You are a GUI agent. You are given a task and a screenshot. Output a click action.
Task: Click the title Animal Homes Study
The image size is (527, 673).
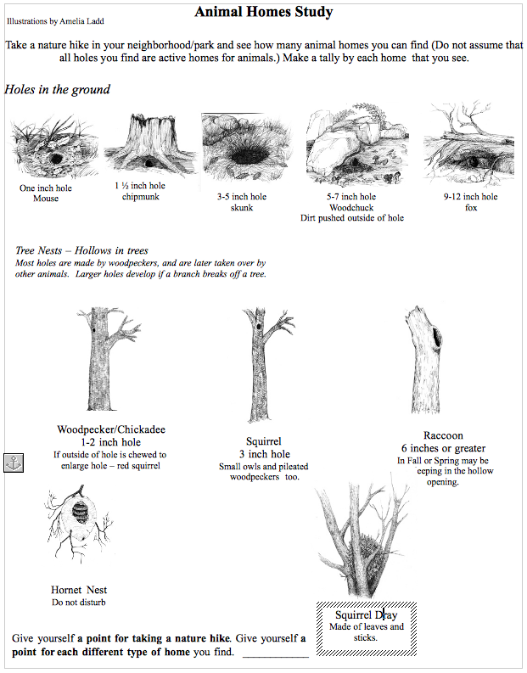263,12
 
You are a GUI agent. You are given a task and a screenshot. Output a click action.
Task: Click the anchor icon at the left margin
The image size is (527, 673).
14,463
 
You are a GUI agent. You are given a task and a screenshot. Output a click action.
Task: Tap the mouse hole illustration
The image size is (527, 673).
52,149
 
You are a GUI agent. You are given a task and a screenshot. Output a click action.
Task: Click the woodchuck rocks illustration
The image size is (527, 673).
350,148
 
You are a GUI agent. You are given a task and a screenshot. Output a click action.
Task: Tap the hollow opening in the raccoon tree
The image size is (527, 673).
438,339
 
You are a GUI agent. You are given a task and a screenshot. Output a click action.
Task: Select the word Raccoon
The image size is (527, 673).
443,435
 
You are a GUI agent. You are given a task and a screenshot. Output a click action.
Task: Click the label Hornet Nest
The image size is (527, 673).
79,590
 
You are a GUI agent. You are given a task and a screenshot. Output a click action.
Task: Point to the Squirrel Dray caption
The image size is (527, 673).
366,615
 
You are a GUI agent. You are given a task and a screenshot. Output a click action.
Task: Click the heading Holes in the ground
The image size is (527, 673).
57,89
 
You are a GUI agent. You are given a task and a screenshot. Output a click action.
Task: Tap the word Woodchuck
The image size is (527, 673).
351,207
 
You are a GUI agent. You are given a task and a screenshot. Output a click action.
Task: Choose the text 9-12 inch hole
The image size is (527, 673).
470,197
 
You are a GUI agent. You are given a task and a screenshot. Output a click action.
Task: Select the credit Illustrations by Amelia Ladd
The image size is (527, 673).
57,19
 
